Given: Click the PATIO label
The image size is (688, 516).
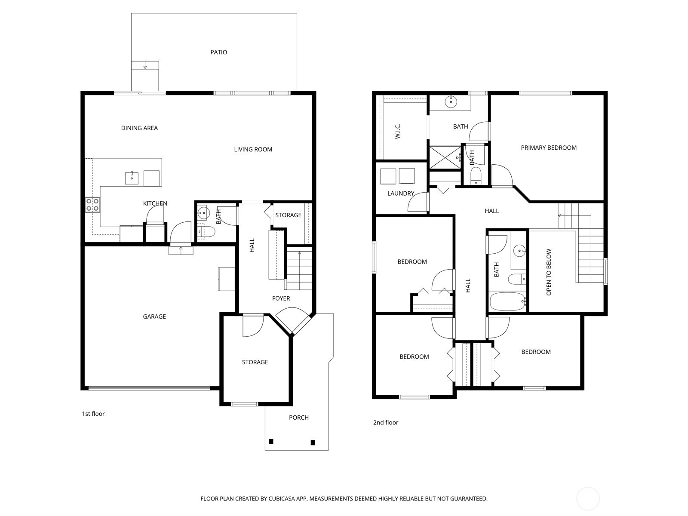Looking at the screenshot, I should (x=218, y=52).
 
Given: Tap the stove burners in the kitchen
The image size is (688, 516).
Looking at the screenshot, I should (x=92, y=205).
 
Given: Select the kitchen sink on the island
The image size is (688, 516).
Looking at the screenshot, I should (x=132, y=178).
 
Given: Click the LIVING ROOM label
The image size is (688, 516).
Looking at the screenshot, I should (x=253, y=150).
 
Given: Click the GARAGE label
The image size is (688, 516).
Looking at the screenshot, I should (x=154, y=317).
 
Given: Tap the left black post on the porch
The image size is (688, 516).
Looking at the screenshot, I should (x=271, y=442).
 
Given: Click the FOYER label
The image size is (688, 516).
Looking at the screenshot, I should (x=281, y=298).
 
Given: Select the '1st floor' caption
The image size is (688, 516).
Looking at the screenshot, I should (x=93, y=414).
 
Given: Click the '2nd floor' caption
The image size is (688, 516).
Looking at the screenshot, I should (x=386, y=423).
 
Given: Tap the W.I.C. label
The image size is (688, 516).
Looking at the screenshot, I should (x=398, y=131).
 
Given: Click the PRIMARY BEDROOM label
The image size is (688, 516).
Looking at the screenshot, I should (x=549, y=148).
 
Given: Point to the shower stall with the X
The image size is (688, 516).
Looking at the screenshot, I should (x=445, y=158).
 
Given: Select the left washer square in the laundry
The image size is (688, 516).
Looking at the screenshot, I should (x=388, y=176).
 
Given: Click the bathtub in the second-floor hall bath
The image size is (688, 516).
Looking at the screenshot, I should (x=507, y=302).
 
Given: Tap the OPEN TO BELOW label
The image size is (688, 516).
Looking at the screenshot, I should (x=549, y=272).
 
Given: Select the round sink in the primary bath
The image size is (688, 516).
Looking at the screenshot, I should (x=451, y=103).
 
